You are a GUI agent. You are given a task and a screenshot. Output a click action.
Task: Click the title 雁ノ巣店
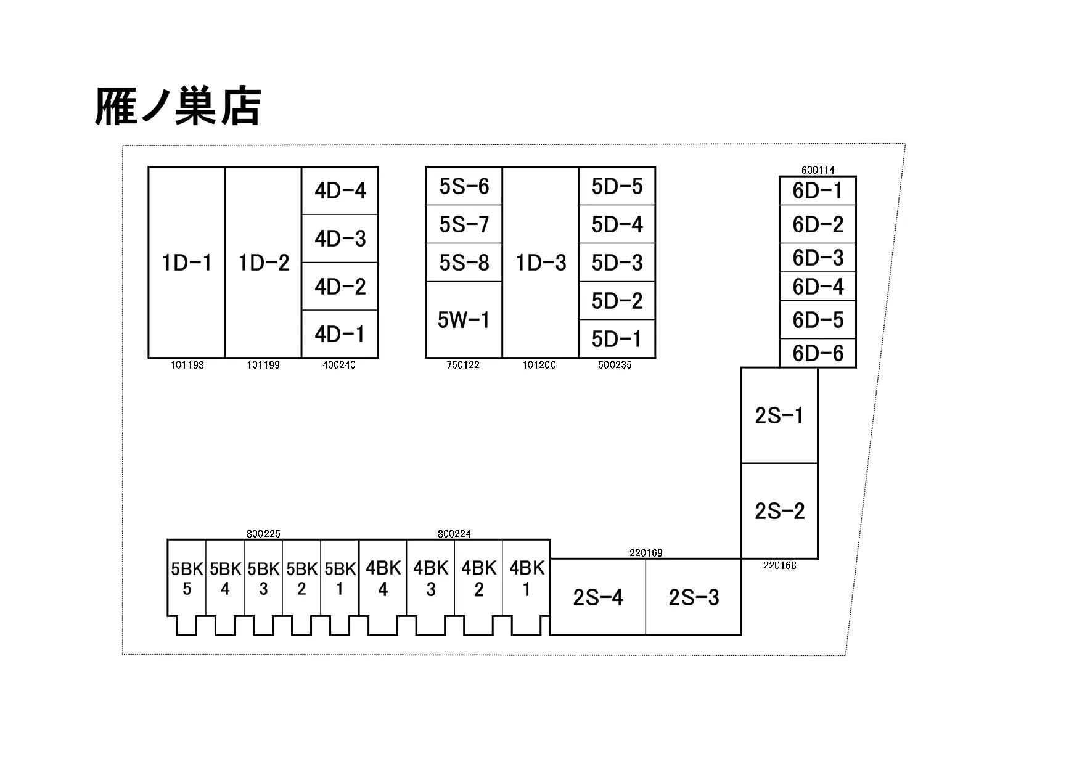[178, 107]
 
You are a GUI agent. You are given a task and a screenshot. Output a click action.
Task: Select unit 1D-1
[187, 263]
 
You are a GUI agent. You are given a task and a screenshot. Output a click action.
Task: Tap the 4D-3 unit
[340, 239]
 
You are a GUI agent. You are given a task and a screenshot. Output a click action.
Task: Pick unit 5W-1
[464, 320]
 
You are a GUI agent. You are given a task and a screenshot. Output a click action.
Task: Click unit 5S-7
[464, 224]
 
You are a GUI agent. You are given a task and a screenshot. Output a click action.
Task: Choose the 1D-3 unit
[541, 263]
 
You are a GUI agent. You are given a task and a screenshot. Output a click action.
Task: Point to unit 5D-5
[617, 186]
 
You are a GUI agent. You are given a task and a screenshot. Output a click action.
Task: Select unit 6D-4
[818, 287]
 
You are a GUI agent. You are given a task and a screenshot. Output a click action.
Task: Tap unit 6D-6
[818, 353]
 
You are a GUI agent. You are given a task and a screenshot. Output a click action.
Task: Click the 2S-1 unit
[779, 415]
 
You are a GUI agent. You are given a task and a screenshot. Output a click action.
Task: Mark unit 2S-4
[598, 597]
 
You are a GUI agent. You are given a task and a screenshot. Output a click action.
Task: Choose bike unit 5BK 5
[187, 578]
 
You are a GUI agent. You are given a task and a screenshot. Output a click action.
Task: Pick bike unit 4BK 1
[527, 578]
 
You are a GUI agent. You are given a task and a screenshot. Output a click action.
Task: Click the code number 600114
[818, 170]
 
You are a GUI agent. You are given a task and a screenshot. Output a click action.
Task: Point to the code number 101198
[187, 365]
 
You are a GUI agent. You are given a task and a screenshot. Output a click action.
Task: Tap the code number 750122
[463, 365]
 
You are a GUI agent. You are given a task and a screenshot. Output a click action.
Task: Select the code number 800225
[263, 534]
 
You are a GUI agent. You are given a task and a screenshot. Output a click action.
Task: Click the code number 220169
[646, 553]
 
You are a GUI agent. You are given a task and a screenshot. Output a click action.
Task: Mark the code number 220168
[779, 565]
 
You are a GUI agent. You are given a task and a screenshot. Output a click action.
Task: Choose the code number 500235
[615, 365]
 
